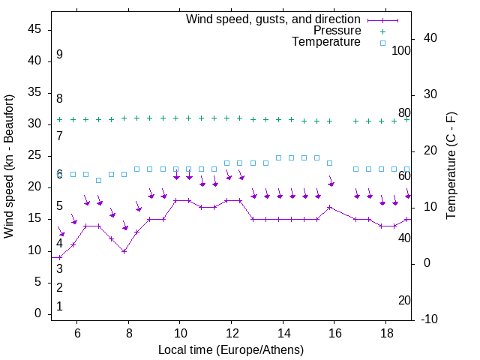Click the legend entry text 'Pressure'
pos(337,31)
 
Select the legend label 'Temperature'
pos(326,42)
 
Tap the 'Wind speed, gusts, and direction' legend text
pos(274,19)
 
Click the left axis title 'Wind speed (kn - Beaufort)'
pos(9,166)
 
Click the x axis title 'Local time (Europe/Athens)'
pos(231,350)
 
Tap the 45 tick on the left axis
pos(34,29)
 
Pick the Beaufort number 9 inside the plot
pos(59,55)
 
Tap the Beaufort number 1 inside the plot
pos(59,307)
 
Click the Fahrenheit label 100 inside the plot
pos(401,51)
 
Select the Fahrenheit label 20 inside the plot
pos(404,301)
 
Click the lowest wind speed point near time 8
pos(124,251)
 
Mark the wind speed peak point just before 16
pos(330,207)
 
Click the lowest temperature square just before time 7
pos(98,180)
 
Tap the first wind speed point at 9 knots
pos(60,257)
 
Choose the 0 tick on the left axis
pos(37,313)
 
